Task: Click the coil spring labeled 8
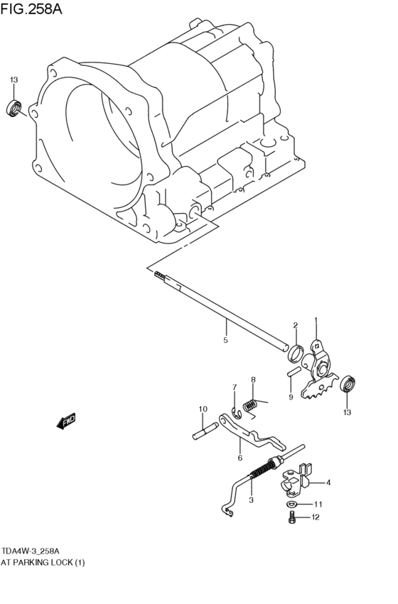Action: pyautogui.click(x=250, y=406)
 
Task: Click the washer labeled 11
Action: pyautogui.click(x=293, y=504)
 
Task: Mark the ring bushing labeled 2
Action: pyautogui.click(x=296, y=350)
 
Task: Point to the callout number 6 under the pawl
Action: pyautogui.click(x=240, y=459)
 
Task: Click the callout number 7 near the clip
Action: pyautogui.click(x=232, y=387)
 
